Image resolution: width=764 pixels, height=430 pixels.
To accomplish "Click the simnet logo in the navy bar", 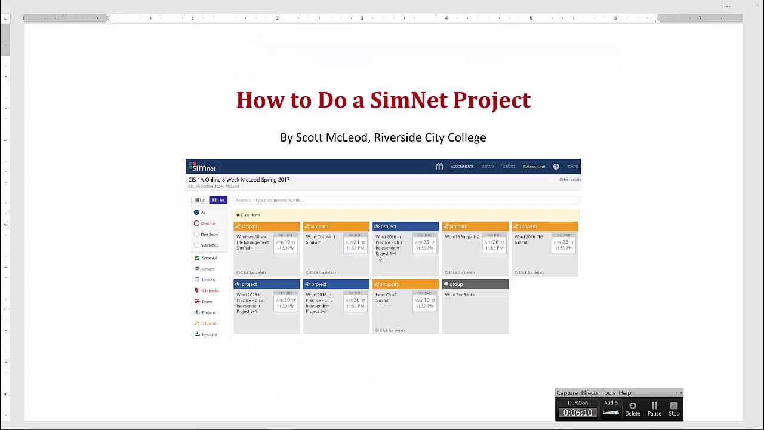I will click(x=204, y=168).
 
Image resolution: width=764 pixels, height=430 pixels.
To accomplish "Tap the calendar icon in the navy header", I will click(x=439, y=167).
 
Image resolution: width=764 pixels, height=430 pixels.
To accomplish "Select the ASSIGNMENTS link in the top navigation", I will click(x=462, y=167).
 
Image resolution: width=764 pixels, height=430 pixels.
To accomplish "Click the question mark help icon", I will click(x=556, y=167).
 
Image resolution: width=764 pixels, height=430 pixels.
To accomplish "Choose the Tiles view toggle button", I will click(x=218, y=200).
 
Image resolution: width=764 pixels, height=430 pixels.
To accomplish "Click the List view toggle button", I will click(x=200, y=200).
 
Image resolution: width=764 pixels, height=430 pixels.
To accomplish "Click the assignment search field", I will click(x=406, y=200).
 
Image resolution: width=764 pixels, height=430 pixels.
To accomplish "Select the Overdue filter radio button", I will click(x=196, y=223).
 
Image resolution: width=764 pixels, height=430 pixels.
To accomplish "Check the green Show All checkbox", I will click(x=197, y=258).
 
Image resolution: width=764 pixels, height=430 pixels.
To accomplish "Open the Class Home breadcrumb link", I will click(x=249, y=215).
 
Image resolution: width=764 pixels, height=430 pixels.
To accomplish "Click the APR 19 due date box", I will click(x=286, y=242).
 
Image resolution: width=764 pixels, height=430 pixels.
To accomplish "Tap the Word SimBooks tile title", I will click(x=460, y=295).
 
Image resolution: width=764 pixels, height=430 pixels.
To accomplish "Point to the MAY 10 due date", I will click(x=424, y=300).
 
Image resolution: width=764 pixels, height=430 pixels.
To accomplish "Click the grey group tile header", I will click(x=475, y=284).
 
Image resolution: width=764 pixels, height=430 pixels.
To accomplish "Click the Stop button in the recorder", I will click(x=674, y=408).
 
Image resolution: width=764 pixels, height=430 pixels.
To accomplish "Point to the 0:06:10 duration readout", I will click(x=578, y=413).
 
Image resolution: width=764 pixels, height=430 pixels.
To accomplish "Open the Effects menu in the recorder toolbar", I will click(x=589, y=392).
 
